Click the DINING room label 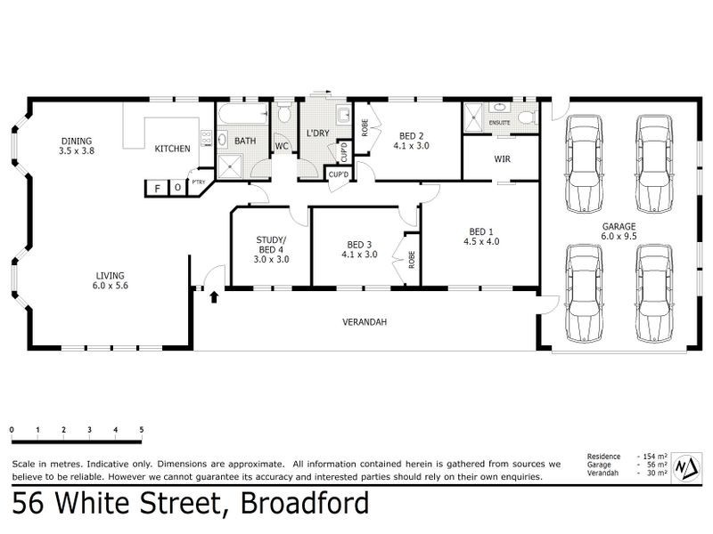pos(77,141)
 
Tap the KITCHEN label pos(172,149)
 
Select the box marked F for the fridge pos(159,189)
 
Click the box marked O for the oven pos(177,189)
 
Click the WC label pos(281,146)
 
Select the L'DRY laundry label pos(318,133)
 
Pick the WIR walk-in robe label pos(501,160)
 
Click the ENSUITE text pos(499,122)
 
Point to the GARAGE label pos(619,226)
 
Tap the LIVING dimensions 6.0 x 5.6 pos(111,286)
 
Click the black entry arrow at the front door pos(213,296)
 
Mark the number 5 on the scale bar pos(142,430)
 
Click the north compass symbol pos(685,467)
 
